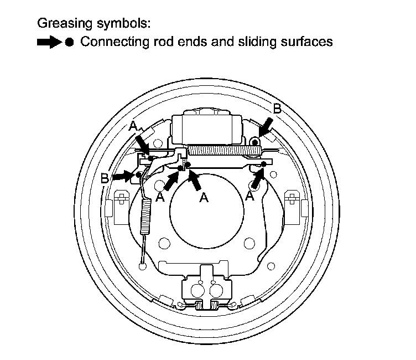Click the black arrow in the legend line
coord(49,43)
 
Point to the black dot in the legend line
coord(69,43)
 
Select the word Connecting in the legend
coord(109,42)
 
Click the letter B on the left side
coord(104,178)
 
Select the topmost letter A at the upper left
coord(133,127)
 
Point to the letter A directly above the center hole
coord(204,198)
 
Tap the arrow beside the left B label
coord(124,176)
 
